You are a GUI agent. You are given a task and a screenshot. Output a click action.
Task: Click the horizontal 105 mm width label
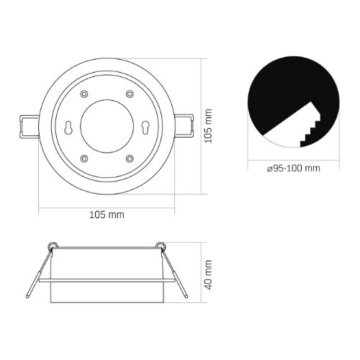107,215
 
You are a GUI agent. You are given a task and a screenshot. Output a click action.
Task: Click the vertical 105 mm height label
208,126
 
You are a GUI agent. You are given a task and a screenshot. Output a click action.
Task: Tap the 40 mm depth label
208,275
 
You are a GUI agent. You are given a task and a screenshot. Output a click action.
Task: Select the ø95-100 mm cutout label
294,168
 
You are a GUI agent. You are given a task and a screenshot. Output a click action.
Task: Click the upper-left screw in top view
84,94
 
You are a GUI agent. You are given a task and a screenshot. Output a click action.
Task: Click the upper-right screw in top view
130,94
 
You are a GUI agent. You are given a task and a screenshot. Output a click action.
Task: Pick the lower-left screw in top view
84,158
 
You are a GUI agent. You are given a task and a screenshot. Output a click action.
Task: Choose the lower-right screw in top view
130,158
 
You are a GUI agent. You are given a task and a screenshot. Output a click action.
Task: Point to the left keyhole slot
69,127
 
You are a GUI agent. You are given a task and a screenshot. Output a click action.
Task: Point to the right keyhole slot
145,127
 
